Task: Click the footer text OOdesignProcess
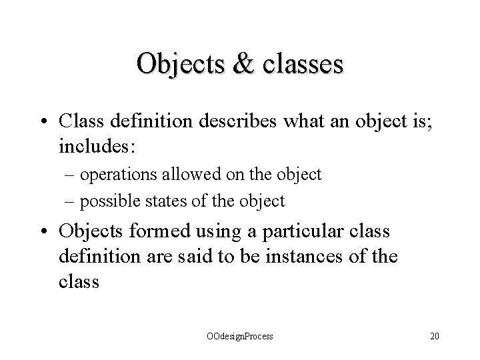pos(239,337)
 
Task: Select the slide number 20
pos(435,337)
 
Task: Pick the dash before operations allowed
pos(72,175)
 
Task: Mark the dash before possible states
pos(72,201)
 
